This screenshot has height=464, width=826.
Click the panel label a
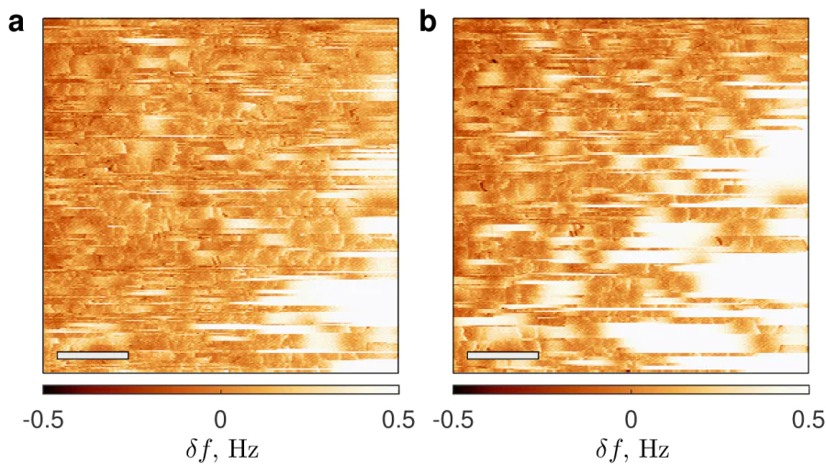16,24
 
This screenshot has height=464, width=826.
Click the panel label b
428,22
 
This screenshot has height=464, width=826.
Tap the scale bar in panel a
92,355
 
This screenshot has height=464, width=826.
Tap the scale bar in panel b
502,355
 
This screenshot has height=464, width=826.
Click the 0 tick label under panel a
220,419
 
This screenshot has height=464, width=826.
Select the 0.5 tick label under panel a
396,419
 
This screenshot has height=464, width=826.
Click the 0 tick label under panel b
631,419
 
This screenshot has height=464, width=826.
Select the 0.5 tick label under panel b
807,419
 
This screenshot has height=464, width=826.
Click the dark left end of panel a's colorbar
47,389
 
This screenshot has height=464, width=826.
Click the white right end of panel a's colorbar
393,389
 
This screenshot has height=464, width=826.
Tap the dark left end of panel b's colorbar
457,389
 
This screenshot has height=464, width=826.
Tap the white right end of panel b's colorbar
803,389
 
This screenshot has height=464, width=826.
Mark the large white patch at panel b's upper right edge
780,160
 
